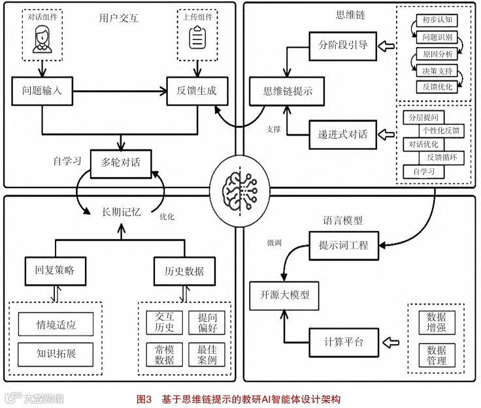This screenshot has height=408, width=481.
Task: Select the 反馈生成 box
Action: coord(197,91)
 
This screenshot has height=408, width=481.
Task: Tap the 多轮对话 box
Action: coord(121,161)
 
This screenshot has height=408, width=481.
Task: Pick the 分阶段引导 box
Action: coord(343,46)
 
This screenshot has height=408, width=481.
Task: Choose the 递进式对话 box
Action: coord(343,135)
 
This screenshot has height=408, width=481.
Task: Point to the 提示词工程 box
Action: coord(343,246)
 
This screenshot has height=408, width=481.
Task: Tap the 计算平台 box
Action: coord(343,341)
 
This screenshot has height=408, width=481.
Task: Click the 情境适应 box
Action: coord(56,324)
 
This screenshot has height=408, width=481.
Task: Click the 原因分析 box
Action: coord(437,54)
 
